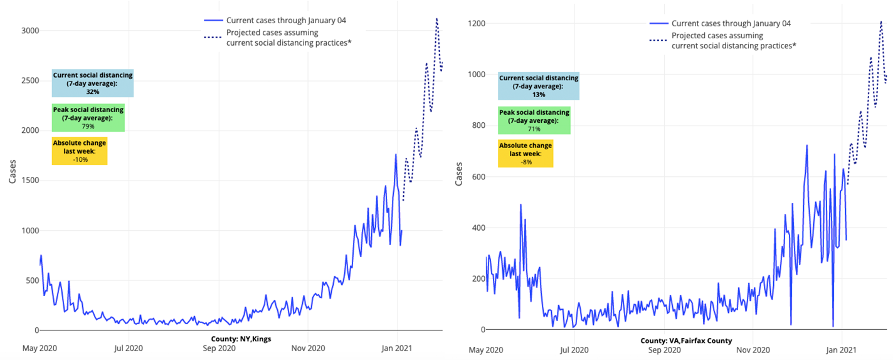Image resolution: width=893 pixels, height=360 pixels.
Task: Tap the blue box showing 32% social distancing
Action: (x=93, y=83)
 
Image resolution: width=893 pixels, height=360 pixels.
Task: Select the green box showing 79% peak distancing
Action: (x=88, y=118)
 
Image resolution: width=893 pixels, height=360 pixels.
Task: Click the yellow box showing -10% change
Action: (x=80, y=151)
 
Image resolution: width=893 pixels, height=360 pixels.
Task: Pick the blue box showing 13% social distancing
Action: (x=538, y=86)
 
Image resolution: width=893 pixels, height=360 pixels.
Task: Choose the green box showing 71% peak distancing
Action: (x=534, y=120)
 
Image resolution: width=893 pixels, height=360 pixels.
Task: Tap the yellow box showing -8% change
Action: (x=526, y=154)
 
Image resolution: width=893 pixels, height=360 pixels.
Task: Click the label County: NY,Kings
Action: (x=241, y=339)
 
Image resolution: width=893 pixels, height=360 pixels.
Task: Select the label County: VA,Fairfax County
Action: (x=686, y=341)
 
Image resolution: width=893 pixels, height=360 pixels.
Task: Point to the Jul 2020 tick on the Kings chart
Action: (x=129, y=347)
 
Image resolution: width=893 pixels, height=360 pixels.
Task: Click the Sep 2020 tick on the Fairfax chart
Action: (x=663, y=349)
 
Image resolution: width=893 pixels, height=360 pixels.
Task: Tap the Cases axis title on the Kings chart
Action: (x=13, y=169)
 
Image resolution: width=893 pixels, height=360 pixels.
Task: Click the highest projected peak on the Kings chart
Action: (x=436, y=19)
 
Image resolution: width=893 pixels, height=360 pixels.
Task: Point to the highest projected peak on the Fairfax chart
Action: (x=881, y=21)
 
